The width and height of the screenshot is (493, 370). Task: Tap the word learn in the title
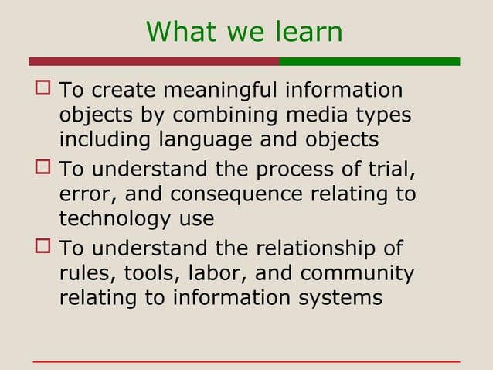click(x=308, y=32)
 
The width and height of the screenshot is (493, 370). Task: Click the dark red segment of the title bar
click(x=154, y=61)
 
